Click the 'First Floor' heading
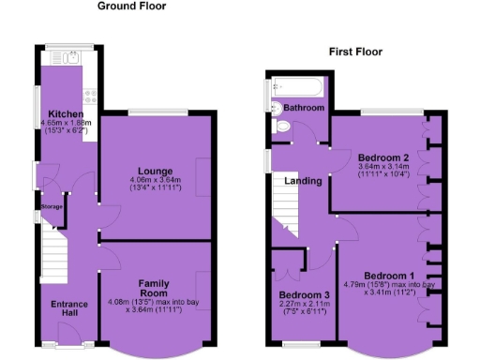[355, 52]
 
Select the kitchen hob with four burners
[87, 93]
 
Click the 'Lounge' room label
[155, 171]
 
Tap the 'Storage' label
[51, 206]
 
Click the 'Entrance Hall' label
[69, 309]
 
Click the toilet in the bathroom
[283, 126]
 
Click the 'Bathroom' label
[305, 109]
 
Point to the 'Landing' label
[304, 181]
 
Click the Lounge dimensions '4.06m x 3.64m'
[155, 181]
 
